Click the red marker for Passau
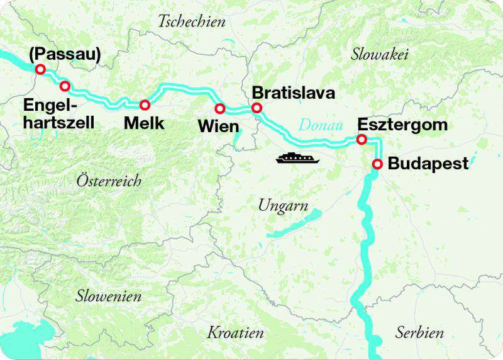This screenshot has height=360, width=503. click(40, 69)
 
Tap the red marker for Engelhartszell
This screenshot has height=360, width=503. click(65, 86)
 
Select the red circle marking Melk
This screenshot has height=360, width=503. click(145, 104)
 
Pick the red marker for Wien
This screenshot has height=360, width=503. click(220, 108)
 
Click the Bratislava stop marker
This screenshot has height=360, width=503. click(257, 108)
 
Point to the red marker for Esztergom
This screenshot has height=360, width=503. click(362, 139)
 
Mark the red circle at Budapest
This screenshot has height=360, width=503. click(377, 164)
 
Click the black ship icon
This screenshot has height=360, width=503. click(297, 157)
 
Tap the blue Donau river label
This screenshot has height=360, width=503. click(320, 125)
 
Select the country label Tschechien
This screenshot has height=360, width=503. click(191, 22)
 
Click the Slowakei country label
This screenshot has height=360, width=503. click(380, 55)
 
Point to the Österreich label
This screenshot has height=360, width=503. click(109, 181)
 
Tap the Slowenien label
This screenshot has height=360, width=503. click(108, 296)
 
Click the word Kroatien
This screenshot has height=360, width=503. click(235, 332)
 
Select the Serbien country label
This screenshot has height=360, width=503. click(419, 332)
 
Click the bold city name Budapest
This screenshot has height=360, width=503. click(428, 164)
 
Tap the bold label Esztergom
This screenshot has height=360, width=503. click(402, 125)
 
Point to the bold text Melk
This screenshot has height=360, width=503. click(144, 124)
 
